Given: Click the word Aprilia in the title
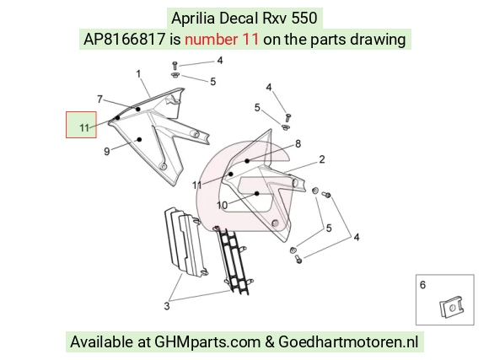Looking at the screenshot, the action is [x=193, y=19].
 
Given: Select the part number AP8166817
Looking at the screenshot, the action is [x=124, y=40].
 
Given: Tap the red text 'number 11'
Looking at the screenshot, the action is [x=222, y=40].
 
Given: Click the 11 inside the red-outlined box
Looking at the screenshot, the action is [x=84, y=128].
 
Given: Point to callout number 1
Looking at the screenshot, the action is [x=138, y=74].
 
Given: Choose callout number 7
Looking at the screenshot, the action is [x=99, y=99].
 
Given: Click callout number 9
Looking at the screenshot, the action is [x=107, y=152].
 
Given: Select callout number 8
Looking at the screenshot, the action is [x=298, y=144].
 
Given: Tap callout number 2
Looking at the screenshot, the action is [x=322, y=159].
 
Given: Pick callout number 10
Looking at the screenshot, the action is [x=222, y=205].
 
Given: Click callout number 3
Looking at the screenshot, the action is [x=167, y=306].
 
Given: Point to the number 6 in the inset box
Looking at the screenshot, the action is [x=422, y=285].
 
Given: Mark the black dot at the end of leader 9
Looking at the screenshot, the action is [x=140, y=139].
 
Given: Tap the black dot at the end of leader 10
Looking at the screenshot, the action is [x=256, y=194].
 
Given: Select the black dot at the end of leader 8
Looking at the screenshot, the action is [x=247, y=161].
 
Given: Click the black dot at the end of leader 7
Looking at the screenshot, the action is [x=137, y=110].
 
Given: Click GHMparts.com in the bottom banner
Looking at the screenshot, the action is [x=207, y=342].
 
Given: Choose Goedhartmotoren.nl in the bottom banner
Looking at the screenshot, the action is [x=348, y=342].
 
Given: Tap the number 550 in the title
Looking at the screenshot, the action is [x=304, y=19].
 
